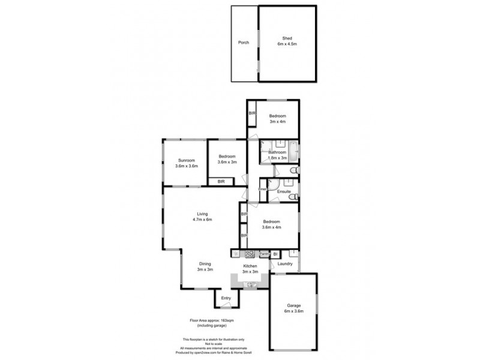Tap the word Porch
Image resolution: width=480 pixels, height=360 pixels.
[243, 43]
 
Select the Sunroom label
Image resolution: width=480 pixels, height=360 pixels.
[186, 160]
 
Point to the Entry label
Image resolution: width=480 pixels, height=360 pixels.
[226, 298]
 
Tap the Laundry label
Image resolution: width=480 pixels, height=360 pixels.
[286, 263]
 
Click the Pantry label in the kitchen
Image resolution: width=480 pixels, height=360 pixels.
[263, 254]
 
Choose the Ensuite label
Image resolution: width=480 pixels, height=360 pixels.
[284, 191]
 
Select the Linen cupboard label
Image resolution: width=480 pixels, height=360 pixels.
[262, 190]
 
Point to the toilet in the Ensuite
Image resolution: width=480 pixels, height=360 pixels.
[294, 196]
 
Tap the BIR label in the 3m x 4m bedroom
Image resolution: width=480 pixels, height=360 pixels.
[252, 113]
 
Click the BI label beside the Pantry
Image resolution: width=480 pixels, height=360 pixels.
[275, 254]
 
